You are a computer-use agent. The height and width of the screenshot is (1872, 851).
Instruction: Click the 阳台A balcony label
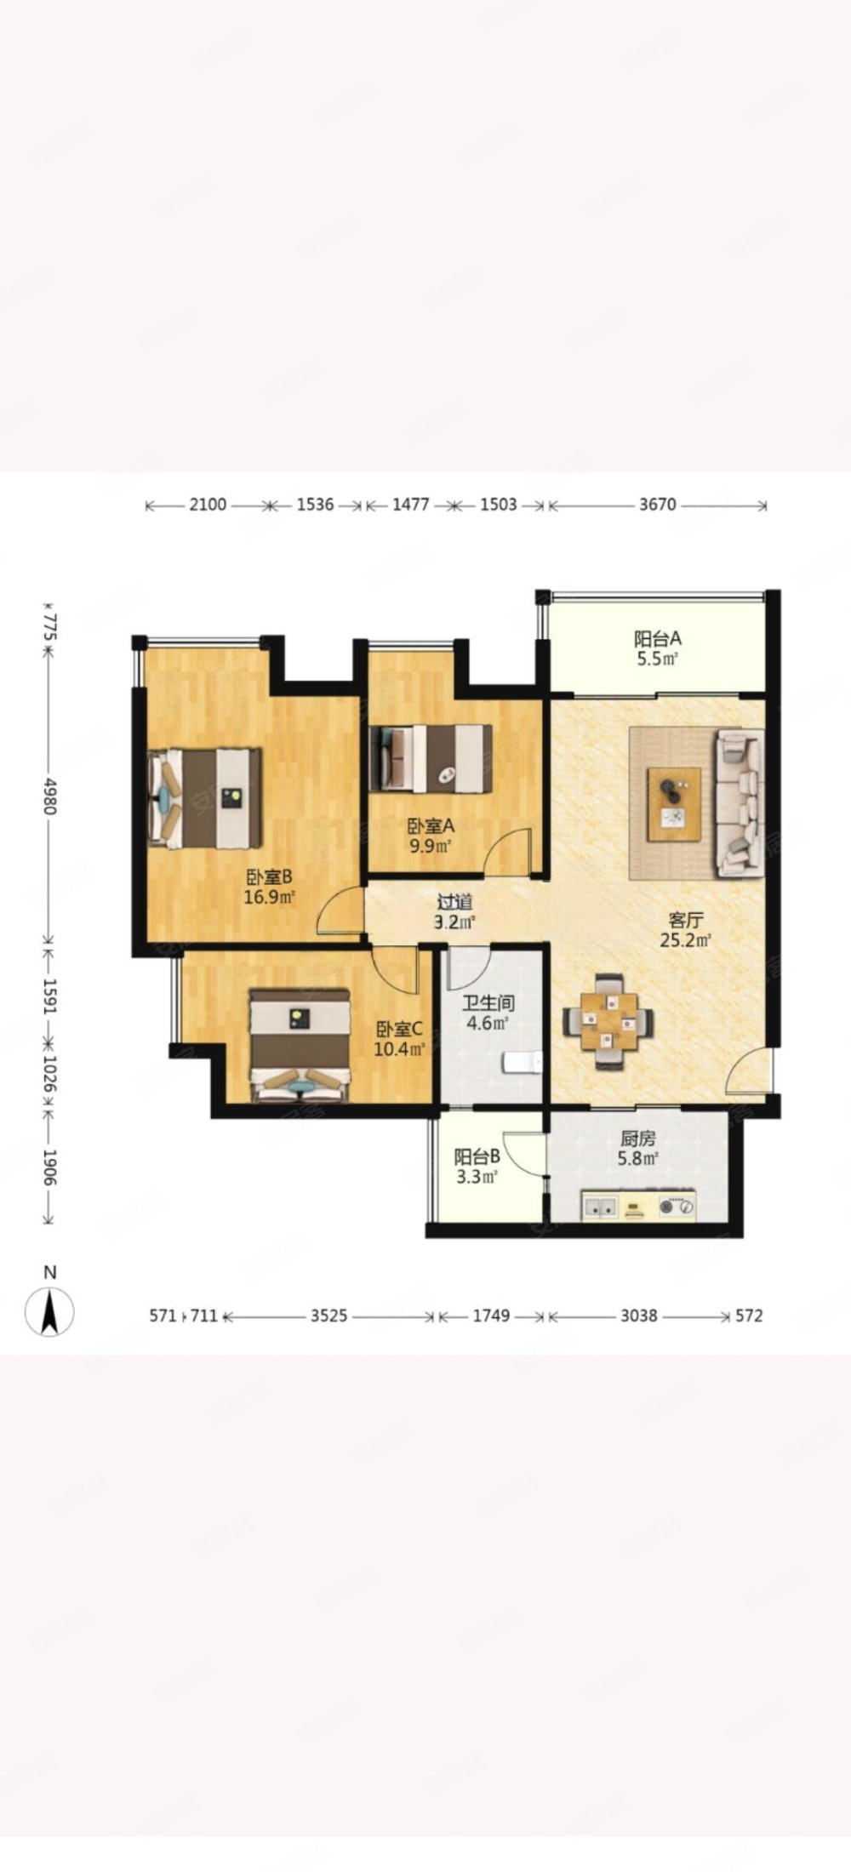(x=658, y=637)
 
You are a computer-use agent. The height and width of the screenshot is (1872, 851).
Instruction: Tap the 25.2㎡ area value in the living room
(x=685, y=939)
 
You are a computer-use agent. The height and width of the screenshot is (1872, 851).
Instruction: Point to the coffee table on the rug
(x=674, y=804)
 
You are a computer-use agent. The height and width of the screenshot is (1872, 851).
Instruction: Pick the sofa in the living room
(x=740, y=802)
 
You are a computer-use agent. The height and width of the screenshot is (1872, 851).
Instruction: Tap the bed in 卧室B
(x=204, y=798)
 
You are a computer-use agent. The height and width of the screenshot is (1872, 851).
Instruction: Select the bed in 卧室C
(x=299, y=1044)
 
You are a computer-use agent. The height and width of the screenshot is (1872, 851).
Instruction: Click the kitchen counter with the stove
(x=638, y=1206)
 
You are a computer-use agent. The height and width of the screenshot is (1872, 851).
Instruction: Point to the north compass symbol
(x=50, y=1311)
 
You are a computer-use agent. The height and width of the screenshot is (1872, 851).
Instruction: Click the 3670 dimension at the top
(x=657, y=505)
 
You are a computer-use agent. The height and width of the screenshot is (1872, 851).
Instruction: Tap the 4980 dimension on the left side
(x=49, y=796)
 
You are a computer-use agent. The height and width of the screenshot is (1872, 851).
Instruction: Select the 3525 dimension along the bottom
(x=328, y=1316)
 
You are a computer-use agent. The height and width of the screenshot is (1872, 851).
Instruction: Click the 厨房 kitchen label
(x=637, y=1139)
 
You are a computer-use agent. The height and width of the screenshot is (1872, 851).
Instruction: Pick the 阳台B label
(x=477, y=1157)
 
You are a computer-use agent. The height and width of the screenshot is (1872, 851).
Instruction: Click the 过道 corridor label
(x=455, y=902)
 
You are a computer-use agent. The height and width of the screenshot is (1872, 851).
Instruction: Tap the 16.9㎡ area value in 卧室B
(x=269, y=896)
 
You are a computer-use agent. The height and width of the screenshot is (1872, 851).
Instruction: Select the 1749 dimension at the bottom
(x=491, y=1316)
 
